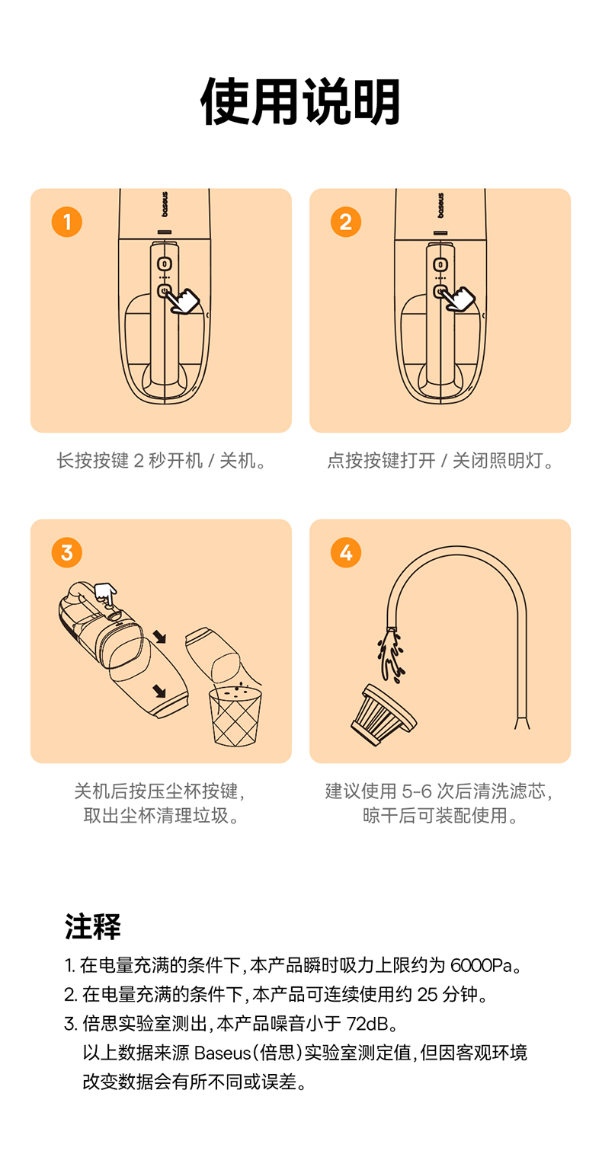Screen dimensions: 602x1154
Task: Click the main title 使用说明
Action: click(300, 101)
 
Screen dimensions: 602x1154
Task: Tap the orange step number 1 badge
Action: click(67, 222)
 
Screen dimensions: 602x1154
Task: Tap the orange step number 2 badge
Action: click(346, 222)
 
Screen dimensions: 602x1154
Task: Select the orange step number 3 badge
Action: click(67, 553)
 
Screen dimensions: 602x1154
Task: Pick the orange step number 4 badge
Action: click(346, 553)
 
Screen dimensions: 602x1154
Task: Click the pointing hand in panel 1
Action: click(182, 301)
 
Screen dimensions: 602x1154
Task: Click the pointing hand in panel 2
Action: click(458, 299)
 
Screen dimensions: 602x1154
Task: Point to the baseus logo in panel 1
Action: click(165, 205)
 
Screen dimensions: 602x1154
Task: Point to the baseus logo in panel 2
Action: click(440, 206)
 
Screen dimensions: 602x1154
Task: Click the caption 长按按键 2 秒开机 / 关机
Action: click(161, 461)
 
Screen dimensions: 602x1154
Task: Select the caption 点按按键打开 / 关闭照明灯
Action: click(440, 461)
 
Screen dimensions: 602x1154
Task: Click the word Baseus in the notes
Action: click(223, 1053)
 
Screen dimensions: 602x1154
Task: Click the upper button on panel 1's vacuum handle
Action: click(165, 264)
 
